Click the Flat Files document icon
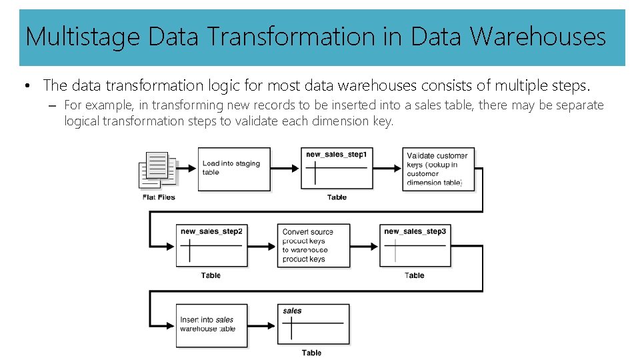click(x=158, y=170)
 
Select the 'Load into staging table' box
click(x=234, y=169)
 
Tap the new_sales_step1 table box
click(x=337, y=169)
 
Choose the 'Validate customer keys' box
click(x=439, y=169)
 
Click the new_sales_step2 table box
click(x=211, y=246)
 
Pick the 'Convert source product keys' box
click(x=313, y=245)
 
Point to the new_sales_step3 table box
click(x=415, y=246)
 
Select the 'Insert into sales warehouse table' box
click(x=211, y=325)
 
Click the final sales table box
click(x=313, y=325)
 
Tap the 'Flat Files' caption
click(x=158, y=197)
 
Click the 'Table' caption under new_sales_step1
click(x=337, y=197)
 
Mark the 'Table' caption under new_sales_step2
click(x=211, y=275)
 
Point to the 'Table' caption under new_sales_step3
click(x=415, y=275)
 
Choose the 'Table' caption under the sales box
click(x=311, y=353)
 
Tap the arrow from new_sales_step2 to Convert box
click(x=261, y=246)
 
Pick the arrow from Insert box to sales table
click(x=263, y=325)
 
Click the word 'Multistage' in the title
click(x=83, y=37)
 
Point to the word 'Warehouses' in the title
click(x=538, y=37)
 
